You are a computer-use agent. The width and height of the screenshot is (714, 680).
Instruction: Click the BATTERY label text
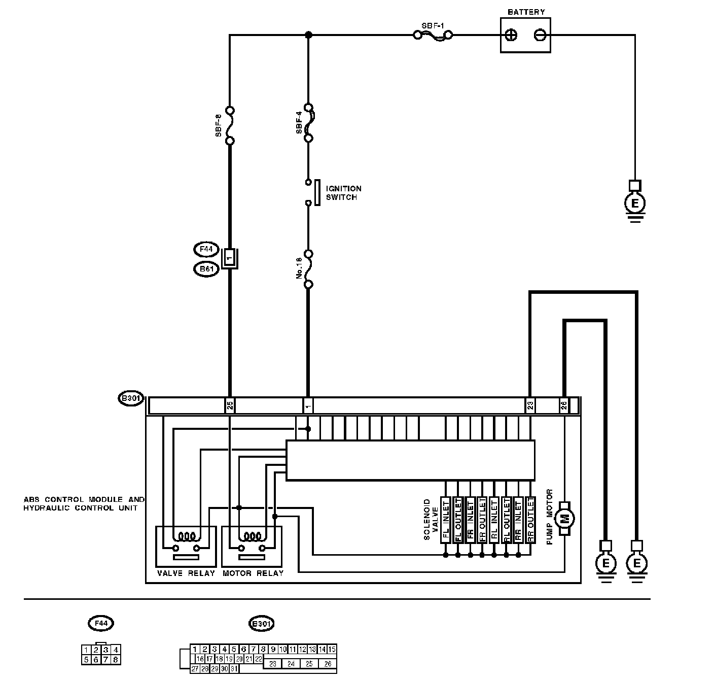[x=526, y=12]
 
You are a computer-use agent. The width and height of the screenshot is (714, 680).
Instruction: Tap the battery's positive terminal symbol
[x=512, y=35]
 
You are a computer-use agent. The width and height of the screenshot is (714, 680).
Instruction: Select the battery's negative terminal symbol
[x=540, y=35]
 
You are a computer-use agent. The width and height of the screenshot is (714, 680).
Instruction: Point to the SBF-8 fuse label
[x=219, y=125]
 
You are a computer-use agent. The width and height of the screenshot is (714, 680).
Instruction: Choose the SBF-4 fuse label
[x=299, y=123]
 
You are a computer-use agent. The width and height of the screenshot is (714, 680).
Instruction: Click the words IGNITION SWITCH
[x=343, y=193]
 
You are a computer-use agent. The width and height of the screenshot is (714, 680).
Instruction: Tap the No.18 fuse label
[x=299, y=268]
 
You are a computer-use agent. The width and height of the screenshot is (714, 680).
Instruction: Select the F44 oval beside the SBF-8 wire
[x=206, y=250]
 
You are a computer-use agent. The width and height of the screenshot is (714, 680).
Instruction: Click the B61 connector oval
[x=206, y=269]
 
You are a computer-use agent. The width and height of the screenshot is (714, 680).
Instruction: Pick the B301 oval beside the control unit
[x=130, y=398]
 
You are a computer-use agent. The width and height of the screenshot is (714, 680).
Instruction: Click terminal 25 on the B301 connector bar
[x=230, y=405]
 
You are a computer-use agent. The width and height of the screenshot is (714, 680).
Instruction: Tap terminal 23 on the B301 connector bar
[x=530, y=405]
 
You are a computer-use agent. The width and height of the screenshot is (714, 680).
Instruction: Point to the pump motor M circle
[x=564, y=518]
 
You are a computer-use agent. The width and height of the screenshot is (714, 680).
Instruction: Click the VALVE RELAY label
[x=186, y=573]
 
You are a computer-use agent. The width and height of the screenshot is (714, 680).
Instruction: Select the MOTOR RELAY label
[x=253, y=573]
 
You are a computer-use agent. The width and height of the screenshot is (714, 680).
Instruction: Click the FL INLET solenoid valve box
[x=446, y=520]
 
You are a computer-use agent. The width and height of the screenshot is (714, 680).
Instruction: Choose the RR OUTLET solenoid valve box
[x=530, y=520]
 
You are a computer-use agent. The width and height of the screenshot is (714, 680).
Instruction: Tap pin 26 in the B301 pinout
[x=328, y=663]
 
